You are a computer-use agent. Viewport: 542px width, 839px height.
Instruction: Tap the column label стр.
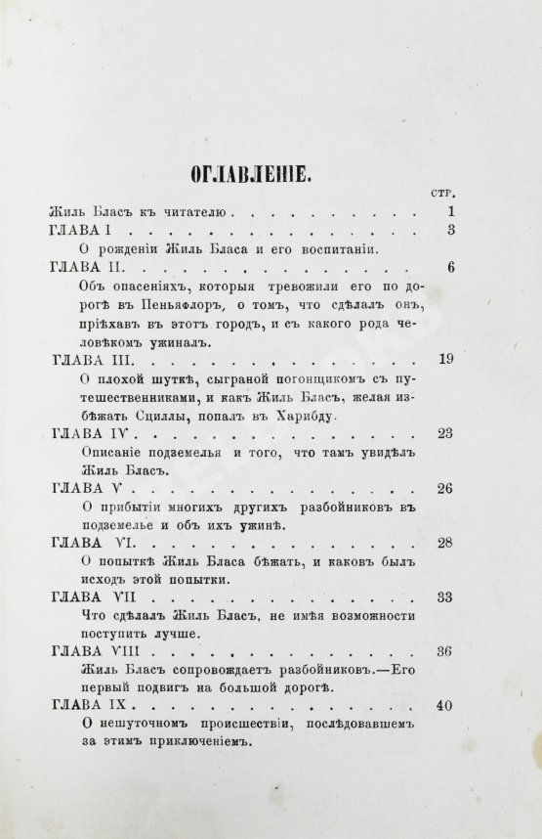441,193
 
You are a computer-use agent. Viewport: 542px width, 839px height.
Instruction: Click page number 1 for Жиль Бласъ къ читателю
450,211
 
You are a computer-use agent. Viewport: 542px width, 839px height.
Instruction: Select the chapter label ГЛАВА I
82,230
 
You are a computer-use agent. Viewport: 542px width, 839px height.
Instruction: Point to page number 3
450,230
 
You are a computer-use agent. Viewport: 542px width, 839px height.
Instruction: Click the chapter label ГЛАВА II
86,268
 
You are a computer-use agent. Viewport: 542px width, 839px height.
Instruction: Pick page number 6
450,268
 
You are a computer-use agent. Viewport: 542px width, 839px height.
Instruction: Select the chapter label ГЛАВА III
90,361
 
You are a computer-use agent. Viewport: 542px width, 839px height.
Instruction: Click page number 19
446,361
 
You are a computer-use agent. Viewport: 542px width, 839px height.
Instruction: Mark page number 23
446,436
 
